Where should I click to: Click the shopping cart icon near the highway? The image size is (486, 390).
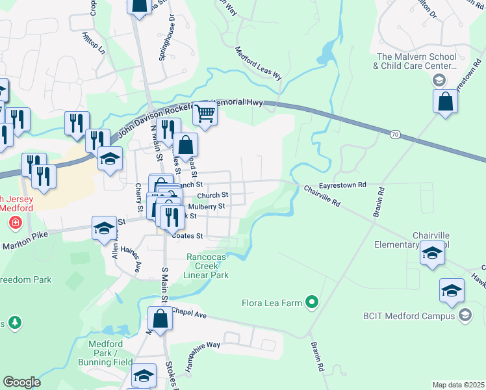pyautogui.click(x=205, y=113)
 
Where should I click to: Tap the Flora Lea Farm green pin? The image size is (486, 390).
pyautogui.click(x=312, y=301)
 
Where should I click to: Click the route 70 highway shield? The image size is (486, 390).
pyautogui.click(x=394, y=134)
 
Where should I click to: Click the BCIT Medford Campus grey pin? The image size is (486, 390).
pyautogui.click(x=465, y=315)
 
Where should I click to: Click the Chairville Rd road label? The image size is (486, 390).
pyautogui.click(x=322, y=196)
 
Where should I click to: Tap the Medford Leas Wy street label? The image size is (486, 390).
pyautogui.click(x=258, y=63)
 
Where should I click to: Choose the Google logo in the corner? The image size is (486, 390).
pyautogui.click(x=21, y=382)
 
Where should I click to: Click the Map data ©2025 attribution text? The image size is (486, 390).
pyautogui.click(x=457, y=385)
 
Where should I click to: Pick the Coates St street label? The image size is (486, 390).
pyautogui.click(x=188, y=236)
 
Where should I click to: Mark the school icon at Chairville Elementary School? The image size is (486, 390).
pyautogui.click(x=432, y=253)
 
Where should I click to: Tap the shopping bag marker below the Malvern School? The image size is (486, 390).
pyautogui.click(x=445, y=102)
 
